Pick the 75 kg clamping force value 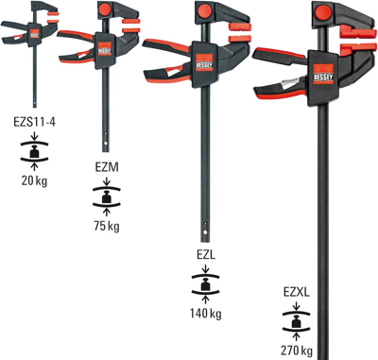107,226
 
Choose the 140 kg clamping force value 205,313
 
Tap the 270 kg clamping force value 296,350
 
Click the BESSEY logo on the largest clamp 327,74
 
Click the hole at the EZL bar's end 203,231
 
